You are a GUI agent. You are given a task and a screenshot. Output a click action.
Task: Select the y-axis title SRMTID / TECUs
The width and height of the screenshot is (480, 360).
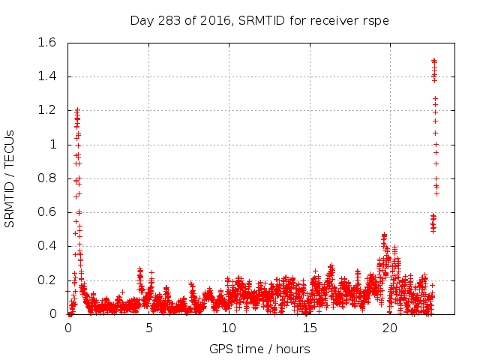(x=10, y=178)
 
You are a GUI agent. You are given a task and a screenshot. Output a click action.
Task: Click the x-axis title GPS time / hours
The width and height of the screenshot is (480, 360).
(x=259, y=349)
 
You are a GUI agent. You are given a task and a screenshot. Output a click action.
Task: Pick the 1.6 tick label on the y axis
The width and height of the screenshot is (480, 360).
(x=47, y=43)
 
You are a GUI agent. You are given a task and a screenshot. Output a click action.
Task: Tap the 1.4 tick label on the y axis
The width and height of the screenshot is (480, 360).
(x=47, y=76)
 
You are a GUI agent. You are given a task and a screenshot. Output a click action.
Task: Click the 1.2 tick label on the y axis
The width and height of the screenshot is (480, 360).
(x=47, y=110)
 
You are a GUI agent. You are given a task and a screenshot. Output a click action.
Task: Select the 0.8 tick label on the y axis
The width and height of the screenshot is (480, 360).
(x=47, y=178)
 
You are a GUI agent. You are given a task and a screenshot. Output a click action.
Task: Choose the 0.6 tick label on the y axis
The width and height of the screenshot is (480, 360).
(x=47, y=212)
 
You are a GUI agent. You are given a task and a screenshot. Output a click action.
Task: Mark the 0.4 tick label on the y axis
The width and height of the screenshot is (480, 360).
(x=47, y=246)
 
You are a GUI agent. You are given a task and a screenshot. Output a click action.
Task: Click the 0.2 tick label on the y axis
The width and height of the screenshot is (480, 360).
(x=47, y=280)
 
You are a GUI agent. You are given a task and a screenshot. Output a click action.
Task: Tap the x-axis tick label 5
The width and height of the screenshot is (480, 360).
(x=148, y=328)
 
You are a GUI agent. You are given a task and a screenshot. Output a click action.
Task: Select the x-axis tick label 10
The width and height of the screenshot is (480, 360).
(x=229, y=328)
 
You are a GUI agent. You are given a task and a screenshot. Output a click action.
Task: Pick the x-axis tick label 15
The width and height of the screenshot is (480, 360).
(x=309, y=328)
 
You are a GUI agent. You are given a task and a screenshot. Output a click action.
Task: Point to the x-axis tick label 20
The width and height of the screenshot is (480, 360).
(x=389, y=328)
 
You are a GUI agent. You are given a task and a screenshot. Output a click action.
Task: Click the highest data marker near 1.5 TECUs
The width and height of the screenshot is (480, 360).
(x=434, y=60)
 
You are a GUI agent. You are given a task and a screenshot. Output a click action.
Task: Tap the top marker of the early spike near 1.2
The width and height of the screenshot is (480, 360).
(x=76, y=110)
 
